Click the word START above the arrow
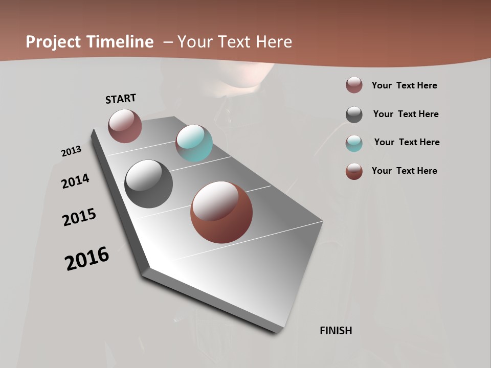coord(121,99)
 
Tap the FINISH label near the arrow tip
coord(336,331)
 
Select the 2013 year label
coord(71,151)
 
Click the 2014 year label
coord(76,181)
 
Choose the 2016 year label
coord(87,259)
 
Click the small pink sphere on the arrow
coord(125,126)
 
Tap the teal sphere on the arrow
coord(194,143)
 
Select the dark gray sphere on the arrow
coord(148,184)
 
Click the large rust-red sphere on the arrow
coord(221,212)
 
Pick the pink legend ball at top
coord(354,85)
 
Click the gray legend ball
coord(354,114)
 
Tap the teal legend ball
coord(354,143)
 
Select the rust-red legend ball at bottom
coord(354,171)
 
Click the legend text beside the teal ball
coord(407,142)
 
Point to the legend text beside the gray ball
coord(406,114)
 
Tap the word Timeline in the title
coord(120,42)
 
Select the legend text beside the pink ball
coord(404,85)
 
